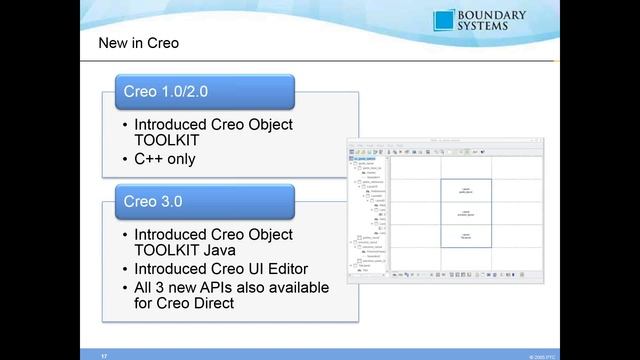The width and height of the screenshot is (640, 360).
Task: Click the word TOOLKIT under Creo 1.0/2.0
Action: click(168, 141)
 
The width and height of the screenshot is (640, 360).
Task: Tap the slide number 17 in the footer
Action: click(103, 355)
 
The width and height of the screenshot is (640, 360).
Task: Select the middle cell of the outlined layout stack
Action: click(466, 213)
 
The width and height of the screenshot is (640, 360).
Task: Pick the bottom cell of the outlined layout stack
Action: click(466, 237)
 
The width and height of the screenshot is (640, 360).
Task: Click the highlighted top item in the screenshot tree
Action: click(366, 157)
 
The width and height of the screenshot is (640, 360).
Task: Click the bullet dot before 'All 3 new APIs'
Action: click(125, 286)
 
